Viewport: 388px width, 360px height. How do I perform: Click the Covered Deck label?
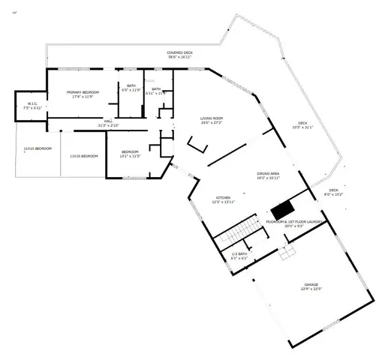(179, 52)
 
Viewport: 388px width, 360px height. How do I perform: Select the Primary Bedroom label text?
(82, 91)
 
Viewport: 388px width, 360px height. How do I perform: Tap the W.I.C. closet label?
(33, 104)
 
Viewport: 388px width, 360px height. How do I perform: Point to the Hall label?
(109, 121)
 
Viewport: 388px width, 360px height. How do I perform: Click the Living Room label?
(212, 118)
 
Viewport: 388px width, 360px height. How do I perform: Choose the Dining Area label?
(268, 173)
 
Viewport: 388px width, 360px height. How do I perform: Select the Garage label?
(311, 285)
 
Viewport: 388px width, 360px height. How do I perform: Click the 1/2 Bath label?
(239, 253)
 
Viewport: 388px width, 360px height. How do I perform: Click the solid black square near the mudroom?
(282, 210)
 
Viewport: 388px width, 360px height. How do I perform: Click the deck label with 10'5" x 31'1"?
(302, 127)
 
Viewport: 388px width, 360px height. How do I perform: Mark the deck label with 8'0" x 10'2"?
(333, 194)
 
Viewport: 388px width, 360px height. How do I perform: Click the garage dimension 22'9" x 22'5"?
(311, 289)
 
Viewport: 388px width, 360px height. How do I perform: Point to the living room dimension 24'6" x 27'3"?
(212, 123)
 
